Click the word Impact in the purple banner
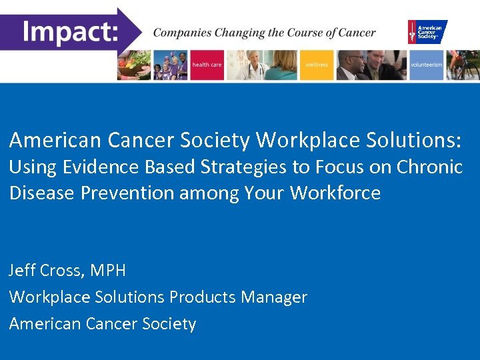[70, 31]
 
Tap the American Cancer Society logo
[427, 31]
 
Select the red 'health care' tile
[207, 65]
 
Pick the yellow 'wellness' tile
[317, 65]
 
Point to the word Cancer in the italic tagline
[356, 32]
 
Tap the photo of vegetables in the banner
[134, 65]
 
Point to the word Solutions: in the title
[419, 140]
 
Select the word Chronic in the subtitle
[429, 167]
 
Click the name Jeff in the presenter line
[23, 271]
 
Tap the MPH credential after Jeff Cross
[107, 271]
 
